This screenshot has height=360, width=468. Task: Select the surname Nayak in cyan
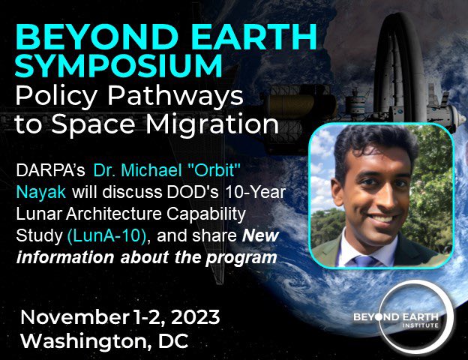40,194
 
